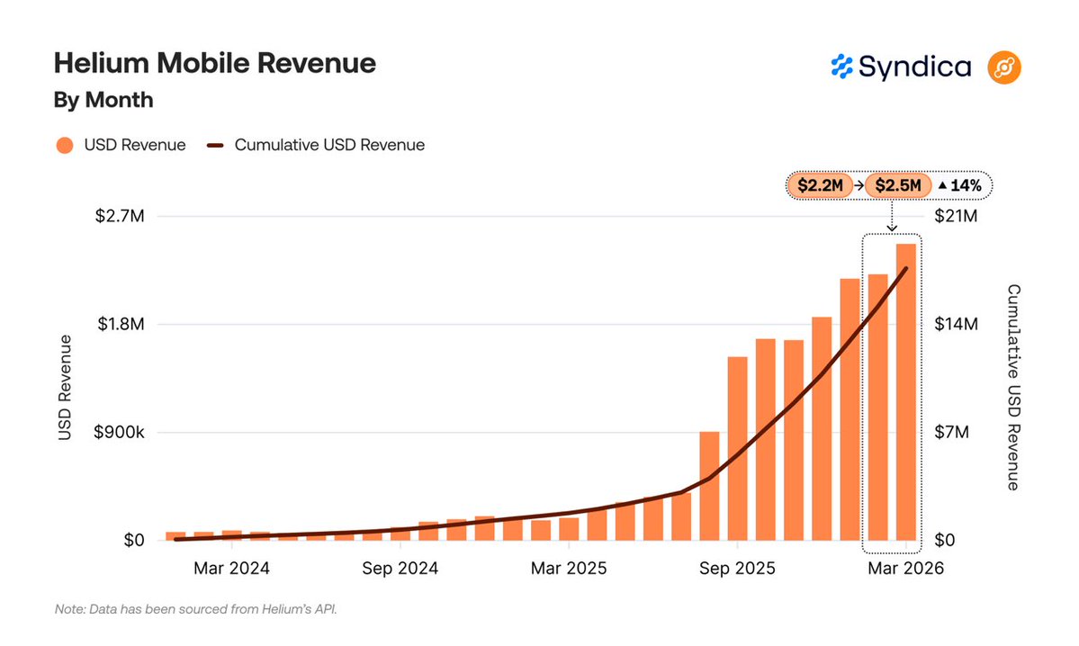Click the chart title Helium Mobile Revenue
click(214, 64)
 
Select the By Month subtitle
click(103, 100)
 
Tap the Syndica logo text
click(913, 67)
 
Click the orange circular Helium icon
click(1003, 67)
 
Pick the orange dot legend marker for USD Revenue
click(64, 145)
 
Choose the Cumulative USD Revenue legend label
click(329, 145)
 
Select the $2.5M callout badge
click(897, 186)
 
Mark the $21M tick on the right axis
click(955, 217)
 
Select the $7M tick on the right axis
click(951, 433)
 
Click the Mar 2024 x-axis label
click(231, 569)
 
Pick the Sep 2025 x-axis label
click(737, 569)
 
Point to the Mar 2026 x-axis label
click(905, 569)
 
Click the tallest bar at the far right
click(906, 391)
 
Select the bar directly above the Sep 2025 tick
click(738, 448)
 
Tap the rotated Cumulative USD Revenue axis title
click(1012, 387)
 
